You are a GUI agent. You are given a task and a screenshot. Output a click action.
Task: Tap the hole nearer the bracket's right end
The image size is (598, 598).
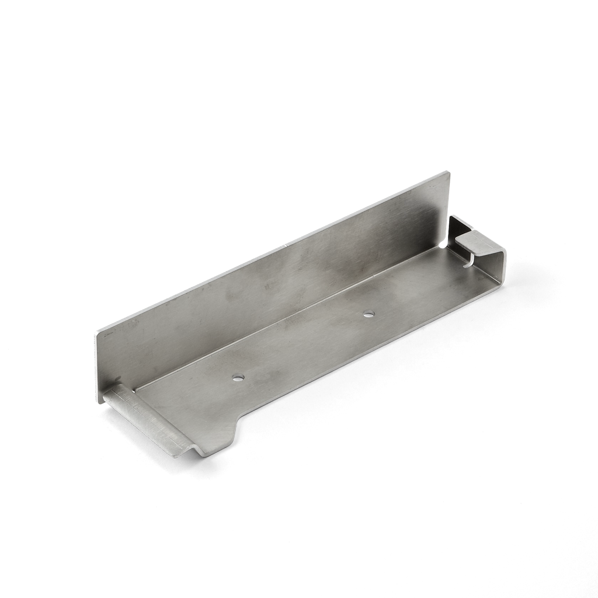point(368,314)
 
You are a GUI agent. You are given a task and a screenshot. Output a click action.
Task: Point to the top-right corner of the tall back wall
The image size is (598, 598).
point(449,171)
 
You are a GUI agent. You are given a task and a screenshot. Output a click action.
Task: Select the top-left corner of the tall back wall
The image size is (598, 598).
point(95,332)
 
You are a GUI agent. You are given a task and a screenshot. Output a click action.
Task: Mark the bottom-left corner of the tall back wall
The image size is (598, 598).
point(96,401)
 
